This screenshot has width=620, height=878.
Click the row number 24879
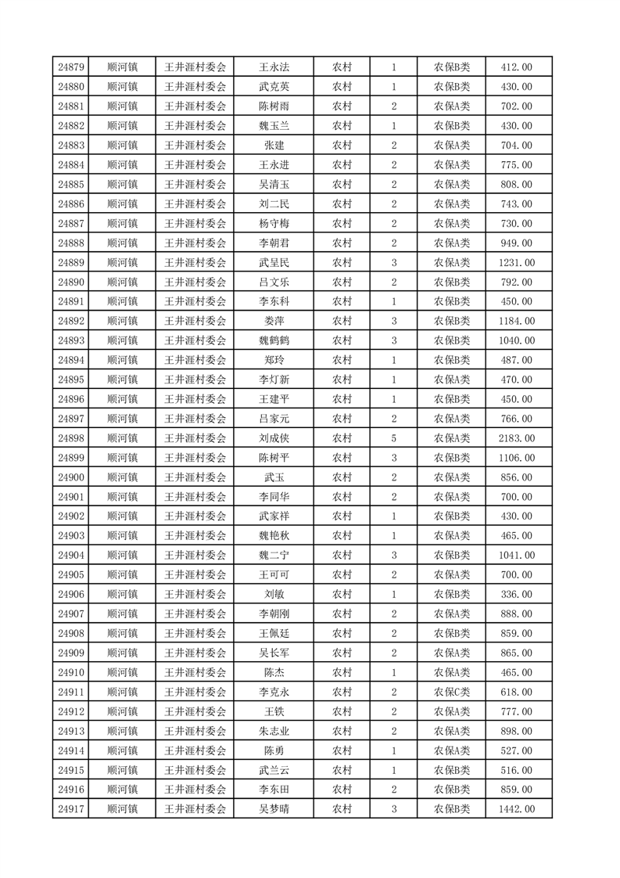click(71, 67)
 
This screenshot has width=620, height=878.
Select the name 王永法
click(274, 67)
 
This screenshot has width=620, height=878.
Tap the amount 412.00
click(516, 67)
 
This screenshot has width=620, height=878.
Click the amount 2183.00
click(516, 438)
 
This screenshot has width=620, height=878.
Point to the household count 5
click(393, 438)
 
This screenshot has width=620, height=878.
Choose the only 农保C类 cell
click(452, 692)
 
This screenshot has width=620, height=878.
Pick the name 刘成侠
click(274, 438)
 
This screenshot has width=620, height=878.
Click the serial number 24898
click(71, 438)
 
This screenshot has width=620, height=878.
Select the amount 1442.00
click(516, 809)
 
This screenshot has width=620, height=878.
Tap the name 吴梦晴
click(274, 809)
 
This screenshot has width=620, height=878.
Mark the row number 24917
click(71, 809)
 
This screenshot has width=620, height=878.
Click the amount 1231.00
click(516, 262)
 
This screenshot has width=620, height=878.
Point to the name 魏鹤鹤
click(274, 340)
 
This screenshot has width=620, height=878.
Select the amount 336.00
click(516, 594)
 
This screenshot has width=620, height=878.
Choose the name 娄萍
click(274, 321)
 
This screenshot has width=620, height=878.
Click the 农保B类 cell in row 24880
click(452, 87)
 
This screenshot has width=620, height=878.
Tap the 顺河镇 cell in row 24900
click(122, 477)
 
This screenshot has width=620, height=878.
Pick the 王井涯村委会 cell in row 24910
click(195, 672)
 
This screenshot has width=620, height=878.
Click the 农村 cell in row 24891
click(342, 301)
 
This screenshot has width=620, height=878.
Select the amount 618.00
click(516, 692)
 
